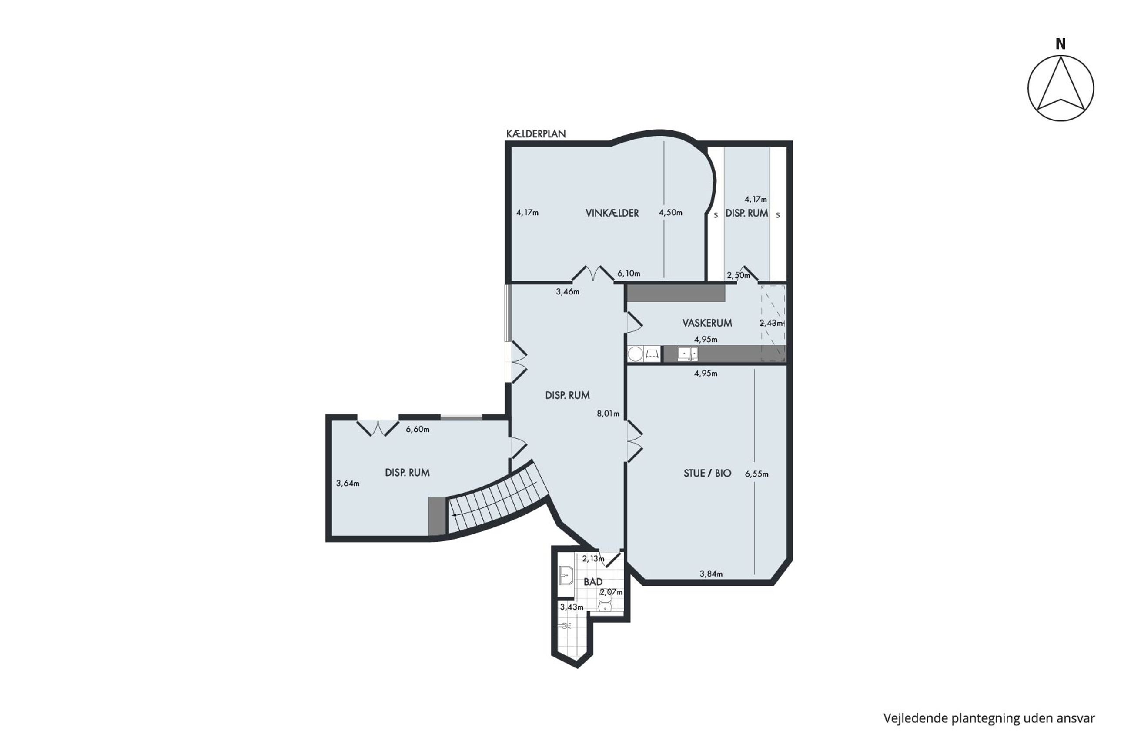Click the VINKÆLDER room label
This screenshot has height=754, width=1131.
click(x=612, y=213)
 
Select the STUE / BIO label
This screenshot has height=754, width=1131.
click(x=707, y=473)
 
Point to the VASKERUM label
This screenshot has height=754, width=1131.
click(x=707, y=323)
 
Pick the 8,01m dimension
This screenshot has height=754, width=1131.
click(x=608, y=414)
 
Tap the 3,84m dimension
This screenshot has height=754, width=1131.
click(x=711, y=574)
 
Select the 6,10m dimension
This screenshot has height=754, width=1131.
click(x=629, y=274)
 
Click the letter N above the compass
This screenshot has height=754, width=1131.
click(x=1060, y=44)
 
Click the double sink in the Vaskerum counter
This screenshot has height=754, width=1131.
click(x=687, y=354)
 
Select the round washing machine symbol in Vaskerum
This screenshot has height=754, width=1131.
click(x=636, y=354)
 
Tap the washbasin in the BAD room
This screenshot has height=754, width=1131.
click(x=566, y=575)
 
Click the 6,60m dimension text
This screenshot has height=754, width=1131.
click(x=418, y=430)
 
